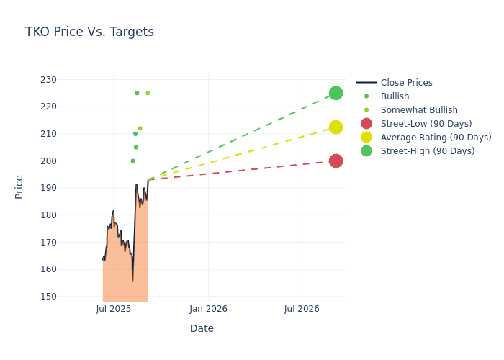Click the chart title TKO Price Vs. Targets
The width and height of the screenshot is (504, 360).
89,32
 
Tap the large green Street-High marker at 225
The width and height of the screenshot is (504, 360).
336,93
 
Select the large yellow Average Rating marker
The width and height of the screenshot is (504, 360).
336,127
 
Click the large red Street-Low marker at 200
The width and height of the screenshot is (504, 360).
336,161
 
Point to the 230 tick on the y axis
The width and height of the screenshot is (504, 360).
87,79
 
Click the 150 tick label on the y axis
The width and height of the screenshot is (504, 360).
87,296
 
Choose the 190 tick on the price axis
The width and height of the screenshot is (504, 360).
87,188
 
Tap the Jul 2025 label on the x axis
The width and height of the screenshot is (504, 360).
114,309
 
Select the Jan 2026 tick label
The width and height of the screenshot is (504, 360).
208,309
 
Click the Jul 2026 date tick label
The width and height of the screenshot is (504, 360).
302,309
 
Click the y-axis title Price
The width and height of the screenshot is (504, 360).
19,186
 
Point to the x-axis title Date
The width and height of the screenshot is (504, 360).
202,328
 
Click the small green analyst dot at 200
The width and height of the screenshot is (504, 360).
132,161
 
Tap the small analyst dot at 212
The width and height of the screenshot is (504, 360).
140,128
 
